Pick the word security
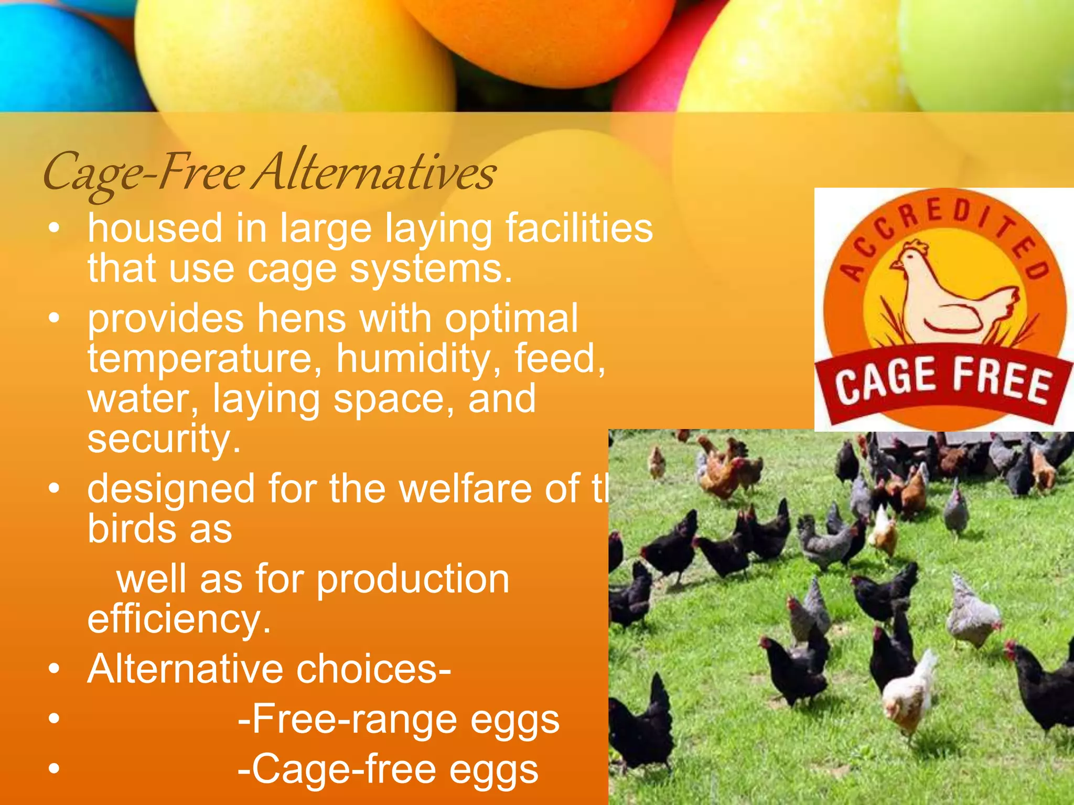pyautogui.click(x=164, y=439)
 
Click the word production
pyautogui.click(x=413, y=580)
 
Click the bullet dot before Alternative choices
pyautogui.click(x=53, y=669)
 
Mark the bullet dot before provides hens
pyautogui.click(x=53, y=318)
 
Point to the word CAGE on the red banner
pyautogui.click(x=886, y=380)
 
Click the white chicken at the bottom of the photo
pyautogui.click(x=910, y=689)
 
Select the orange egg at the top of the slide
pyautogui.click(x=540, y=37)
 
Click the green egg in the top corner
pyautogui.click(x=991, y=47)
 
